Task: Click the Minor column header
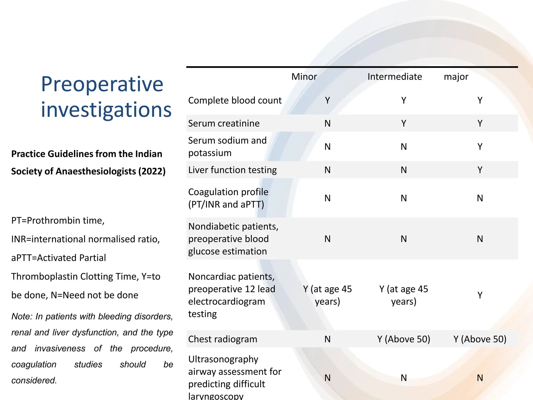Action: pos(304,77)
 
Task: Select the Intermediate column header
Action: pos(395,77)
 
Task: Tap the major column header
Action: pos(456,77)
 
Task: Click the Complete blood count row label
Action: pos(235,101)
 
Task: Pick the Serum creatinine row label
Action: pos(224,123)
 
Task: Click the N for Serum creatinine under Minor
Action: pos(327,123)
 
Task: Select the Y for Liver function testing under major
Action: pos(480,170)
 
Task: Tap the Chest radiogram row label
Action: pos(223,339)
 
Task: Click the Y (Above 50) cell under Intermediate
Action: pos(404,339)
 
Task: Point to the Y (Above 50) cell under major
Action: pos(480,339)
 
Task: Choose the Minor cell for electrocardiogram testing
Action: pos(327,295)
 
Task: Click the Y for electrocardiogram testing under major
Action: pos(480,295)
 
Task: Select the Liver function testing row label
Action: pos(232,170)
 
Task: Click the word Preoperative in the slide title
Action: pos(102,84)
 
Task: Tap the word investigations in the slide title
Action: pos(106,110)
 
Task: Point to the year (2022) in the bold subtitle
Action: pos(152,171)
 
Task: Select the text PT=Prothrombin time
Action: pos(58,221)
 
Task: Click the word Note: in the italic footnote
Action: pos(22,316)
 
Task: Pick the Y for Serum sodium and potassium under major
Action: pos(480,147)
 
